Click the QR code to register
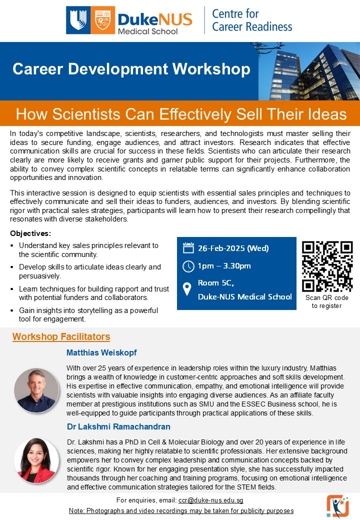(x=327, y=266)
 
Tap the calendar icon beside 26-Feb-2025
(x=188, y=248)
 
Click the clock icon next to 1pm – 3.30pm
(x=188, y=265)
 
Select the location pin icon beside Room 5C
(x=187, y=289)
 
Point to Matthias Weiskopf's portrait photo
(x=36, y=390)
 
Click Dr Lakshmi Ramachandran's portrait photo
(x=36, y=460)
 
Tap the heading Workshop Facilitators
(x=61, y=336)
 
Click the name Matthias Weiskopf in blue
(x=101, y=352)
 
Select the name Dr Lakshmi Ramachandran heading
(x=118, y=426)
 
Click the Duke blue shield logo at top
(x=78, y=20)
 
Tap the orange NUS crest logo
(x=102, y=20)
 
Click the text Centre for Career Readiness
(x=251, y=20)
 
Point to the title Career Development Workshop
(x=131, y=69)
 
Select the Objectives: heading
(x=30, y=233)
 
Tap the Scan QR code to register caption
(x=327, y=301)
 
